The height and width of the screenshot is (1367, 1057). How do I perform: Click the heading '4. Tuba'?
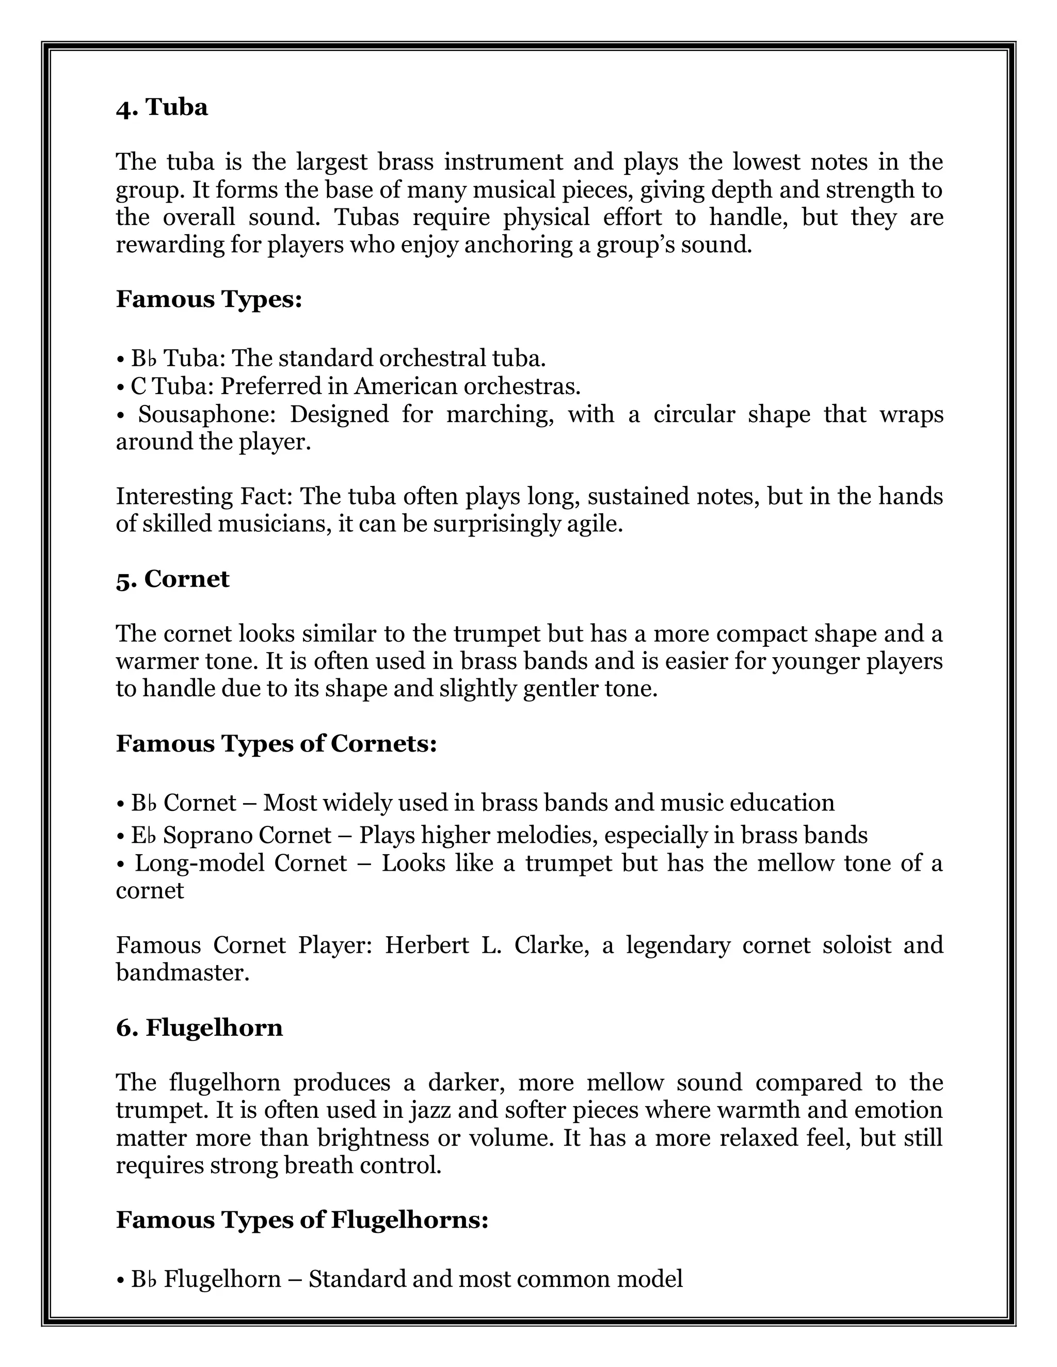[162, 108]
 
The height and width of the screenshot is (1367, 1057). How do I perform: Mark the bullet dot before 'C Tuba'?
[120, 387]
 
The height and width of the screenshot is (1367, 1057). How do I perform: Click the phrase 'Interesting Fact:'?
[205, 496]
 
